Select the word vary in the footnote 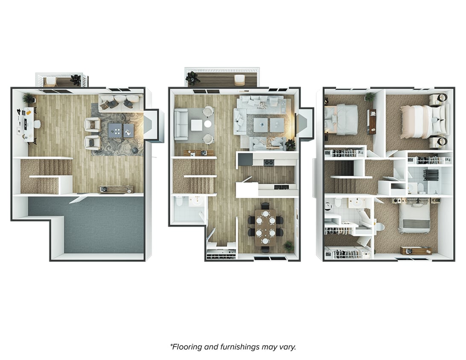point(287,347)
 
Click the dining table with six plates point(265,226)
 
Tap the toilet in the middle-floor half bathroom point(179,201)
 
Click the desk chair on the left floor point(37,124)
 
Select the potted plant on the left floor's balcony point(76,80)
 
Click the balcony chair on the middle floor point(239,80)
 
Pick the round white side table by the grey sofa point(208,124)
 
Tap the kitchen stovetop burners point(269,163)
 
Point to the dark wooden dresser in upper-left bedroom point(371,121)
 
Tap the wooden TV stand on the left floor point(116,189)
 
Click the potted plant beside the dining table point(289,246)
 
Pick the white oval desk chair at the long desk point(37,124)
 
